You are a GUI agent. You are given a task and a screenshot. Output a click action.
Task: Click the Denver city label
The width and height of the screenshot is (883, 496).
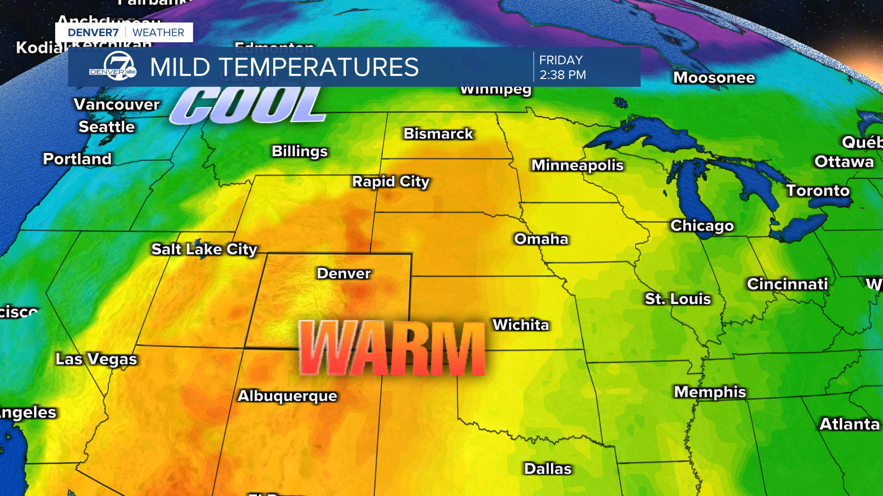click(344, 273)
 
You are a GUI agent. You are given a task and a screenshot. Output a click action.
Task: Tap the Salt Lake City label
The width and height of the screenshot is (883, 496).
click(204, 249)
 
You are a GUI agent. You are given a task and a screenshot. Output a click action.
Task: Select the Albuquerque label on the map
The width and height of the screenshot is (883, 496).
click(287, 396)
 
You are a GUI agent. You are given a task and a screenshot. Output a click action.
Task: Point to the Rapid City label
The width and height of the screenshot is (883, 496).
click(391, 181)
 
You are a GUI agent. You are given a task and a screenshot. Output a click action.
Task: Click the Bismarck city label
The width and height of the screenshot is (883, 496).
click(438, 134)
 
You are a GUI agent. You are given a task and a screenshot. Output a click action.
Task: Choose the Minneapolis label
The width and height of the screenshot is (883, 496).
click(577, 165)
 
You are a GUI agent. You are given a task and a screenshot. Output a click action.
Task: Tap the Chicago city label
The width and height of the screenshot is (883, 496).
click(702, 225)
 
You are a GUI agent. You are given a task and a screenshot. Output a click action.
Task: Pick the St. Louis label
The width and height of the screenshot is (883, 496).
click(678, 299)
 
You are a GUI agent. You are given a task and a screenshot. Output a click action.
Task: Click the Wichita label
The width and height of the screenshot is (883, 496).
click(521, 325)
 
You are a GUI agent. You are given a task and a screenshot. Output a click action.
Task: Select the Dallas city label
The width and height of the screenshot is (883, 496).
click(548, 469)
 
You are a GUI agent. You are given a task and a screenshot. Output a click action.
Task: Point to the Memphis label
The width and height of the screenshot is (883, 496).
click(710, 392)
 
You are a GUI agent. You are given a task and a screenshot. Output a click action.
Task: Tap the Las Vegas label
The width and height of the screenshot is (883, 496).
click(97, 359)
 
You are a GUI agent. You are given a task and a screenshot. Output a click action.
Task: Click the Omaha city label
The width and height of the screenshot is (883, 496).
click(541, 239)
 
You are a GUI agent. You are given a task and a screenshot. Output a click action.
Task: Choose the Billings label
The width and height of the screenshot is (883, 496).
click(300, 151)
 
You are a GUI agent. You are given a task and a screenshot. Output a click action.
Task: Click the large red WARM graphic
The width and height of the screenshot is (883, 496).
click(392, 348)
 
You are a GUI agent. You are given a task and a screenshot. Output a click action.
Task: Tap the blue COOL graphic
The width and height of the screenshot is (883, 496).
click(248, 106)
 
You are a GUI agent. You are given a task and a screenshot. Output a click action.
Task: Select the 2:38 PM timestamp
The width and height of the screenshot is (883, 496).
click(562, 75)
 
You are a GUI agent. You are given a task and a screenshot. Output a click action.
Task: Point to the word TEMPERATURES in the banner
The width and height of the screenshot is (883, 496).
click(318, 67)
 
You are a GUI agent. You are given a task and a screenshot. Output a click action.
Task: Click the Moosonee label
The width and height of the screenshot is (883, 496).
click(714, 78)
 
